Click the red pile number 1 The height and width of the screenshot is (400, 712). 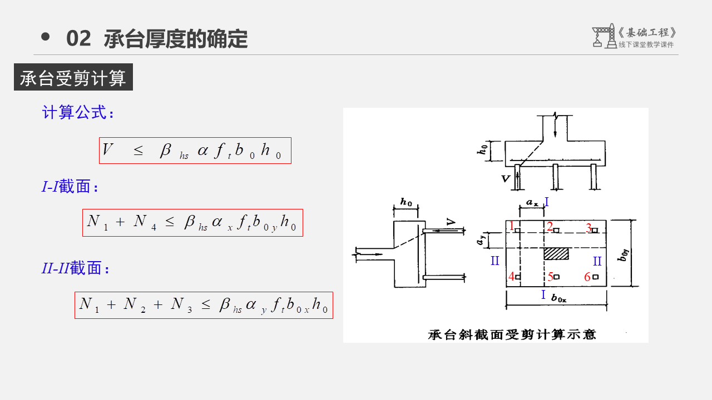coord(511,226)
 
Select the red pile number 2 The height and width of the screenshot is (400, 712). coord(549,226)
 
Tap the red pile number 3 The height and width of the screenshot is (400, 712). coord(588,228)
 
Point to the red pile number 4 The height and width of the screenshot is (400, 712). coord(511,276)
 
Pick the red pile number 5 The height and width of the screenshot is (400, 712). coord(550,277)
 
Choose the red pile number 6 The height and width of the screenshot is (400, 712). coord(587,277)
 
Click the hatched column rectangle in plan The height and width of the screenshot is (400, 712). coord(556,253)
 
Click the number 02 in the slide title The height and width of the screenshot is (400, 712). coord(78,39)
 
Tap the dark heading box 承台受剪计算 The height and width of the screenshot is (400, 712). coord(73,78)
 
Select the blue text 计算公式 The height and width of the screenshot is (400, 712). coord(78,113)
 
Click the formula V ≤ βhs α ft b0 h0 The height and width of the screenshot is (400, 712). coord(195,151)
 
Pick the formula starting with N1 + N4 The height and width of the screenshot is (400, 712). coord(192,223)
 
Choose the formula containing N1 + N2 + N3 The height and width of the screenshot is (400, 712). coord(204,305)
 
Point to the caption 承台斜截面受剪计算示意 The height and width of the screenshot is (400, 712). coord(511,334)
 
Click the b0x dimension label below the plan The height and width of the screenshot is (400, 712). coord(558,298)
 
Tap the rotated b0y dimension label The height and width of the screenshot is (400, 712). coord(626,256)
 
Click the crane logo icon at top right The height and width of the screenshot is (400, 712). coord(604,36)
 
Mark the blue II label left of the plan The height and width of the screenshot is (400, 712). coord(495,261)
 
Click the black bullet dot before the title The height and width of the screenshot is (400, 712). coord(46,37)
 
